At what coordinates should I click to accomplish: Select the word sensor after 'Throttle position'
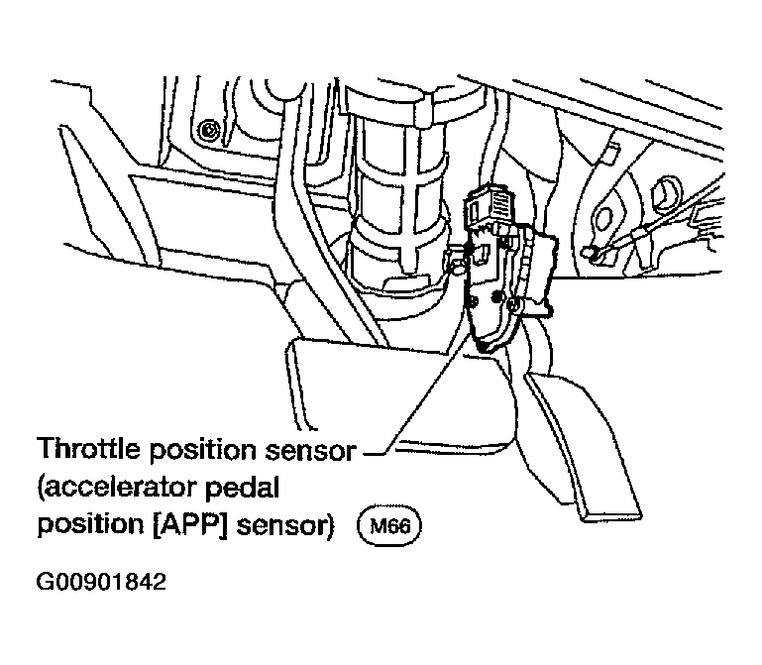pyautogui.click(x=311, y=451)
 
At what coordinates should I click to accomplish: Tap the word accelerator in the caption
pyautogui.click(x=120, y=487)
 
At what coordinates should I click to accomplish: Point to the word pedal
pyautogui.click(x=243, y=488)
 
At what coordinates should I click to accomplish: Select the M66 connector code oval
pyautogui.click(x=389, y=526)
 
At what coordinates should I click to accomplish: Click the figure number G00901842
pyautogui.click(x=101, y=582)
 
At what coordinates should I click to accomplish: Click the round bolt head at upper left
pyautogui.click(x=210, y=130)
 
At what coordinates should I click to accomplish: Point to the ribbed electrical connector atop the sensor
pyautogui.click(x=490, y=202)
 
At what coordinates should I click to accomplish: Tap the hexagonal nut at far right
pyautogui.click(x=667, y=194)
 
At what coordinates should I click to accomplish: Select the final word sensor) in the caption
pyautogui.click(x=285, y=526)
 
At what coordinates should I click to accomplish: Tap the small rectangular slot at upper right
pyautogui.click(x=610, y=154)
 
